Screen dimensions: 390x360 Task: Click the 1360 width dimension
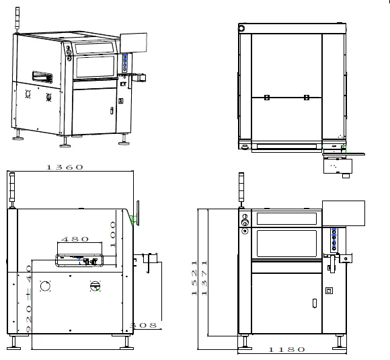pyautogui.click(x=65, y=167)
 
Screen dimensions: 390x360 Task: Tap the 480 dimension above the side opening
pyautogui.click(x=75, y=240)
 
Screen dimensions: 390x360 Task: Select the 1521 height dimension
pyautogui.click(x=194, y=278)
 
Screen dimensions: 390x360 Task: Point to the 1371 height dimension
pyautogui.click(x=204, y=278)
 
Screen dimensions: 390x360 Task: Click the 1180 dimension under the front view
pyautogui.click(x=286, y=349)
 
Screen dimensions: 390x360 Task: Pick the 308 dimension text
pyautogui.click(x=143, y=325)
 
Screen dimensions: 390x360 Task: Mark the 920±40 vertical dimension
pyautogui.click(x=29, y=299)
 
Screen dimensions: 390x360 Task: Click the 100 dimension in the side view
pyautogui.click(x=113, y=235)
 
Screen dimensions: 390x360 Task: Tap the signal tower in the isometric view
pyautogui.click(x=17, y=20)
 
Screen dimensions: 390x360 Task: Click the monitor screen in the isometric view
pyautogui.click(x=134, y=43)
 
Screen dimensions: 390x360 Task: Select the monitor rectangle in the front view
pyautogui.click(x=344, y=213)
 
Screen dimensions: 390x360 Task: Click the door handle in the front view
pyautogui.click(x=315, y=303)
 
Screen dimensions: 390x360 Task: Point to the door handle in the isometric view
pyautogui.click(x=112, y=110)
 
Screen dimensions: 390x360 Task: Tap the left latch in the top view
pyautogui.click(x=267, y=98)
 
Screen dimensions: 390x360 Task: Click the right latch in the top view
pyautogui.click(x=307, y=98)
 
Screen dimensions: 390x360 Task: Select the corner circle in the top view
pyautogui.click(x=241, y=28)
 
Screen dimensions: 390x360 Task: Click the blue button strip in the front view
pyautogui.click(x=334, y=240)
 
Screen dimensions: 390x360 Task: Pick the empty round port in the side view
pyautogui.click(x=45, y=286)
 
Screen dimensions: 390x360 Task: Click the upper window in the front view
pyautogui.click(x=286, y=218)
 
